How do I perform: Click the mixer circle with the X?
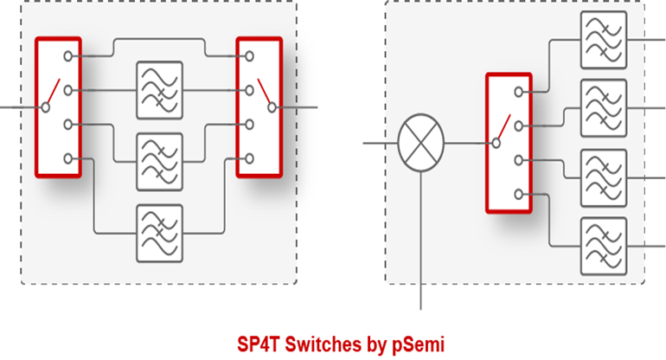(420, 142)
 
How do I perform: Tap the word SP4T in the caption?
(259, 344)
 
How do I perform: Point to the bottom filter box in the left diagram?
(159, 233)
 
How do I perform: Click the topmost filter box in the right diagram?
(604, 38)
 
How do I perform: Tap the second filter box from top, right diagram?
(604, 107)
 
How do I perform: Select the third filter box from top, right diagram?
(604, 177)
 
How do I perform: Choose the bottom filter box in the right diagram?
(604, 245)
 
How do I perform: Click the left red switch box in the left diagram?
(58, 107)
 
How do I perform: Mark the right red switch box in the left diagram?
(259, 107)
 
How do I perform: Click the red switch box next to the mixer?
(509, 142)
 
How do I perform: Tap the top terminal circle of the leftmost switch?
(67, 55)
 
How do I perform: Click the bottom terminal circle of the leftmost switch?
(67, 158)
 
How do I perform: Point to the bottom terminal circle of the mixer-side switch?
(520, 194)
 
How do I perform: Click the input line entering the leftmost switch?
(17, 107)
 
